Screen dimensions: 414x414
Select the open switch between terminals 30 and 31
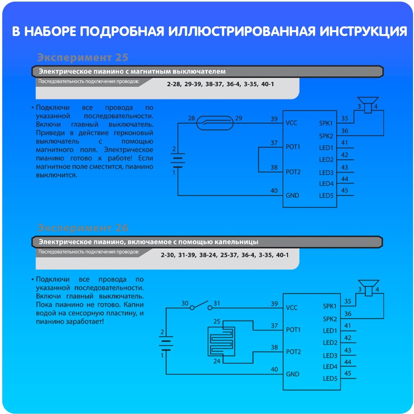(x=201, y=306)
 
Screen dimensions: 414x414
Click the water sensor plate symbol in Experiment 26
(x=221, y=341)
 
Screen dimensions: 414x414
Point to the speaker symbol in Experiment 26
(x=368, y=287)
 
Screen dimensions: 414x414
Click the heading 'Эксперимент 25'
(x=83, y=58)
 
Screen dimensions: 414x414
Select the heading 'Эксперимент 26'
(x=83, y=228)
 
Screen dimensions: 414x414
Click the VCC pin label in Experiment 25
(x=291, y=123)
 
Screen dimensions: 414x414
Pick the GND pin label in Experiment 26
(x=292, y=374)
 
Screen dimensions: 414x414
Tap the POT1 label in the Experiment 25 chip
(x=293, y=147)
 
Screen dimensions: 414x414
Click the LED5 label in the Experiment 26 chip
(x=330, y=379)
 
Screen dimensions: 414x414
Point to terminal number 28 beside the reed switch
(x=191, y=118)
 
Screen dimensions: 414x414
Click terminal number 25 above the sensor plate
(x=217, y=321)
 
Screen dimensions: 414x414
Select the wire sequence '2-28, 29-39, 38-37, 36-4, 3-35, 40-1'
(x=220, y=84)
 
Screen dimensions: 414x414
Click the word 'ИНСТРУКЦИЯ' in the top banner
(x=363, y=32)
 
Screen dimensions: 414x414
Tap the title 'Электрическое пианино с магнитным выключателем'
(x=132, y=71)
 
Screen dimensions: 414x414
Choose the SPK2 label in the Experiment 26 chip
(x=330, y=319)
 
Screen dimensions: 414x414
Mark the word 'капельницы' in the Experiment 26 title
(x=238, y=242)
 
